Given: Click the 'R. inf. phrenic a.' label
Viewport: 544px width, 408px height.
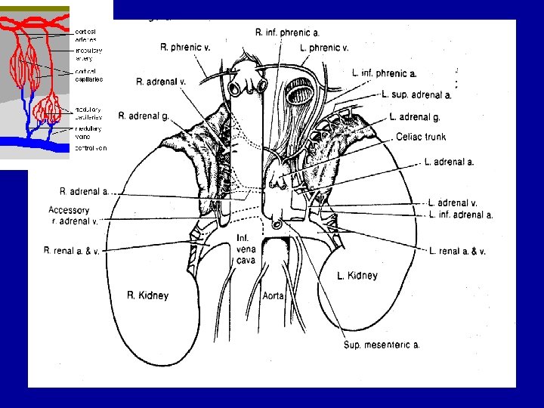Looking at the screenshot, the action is (x=287, y=32).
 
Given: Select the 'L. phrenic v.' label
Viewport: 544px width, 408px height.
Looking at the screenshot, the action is (x=324, y=48).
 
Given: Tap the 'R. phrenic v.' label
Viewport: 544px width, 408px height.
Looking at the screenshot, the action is (x=185, y=47).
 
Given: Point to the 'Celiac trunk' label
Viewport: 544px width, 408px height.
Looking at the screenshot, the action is (x=421, y=137).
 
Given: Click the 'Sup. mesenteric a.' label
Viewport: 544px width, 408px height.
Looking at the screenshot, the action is (x=382, y=345).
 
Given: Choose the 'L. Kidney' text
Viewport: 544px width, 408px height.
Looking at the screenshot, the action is (x=357, y=276).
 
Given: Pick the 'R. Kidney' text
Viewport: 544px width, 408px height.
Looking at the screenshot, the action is (x=147, y=295).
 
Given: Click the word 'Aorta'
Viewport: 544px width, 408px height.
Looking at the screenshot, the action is (x=273, y=295).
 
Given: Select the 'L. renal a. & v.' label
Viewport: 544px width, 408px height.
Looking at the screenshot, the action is (x=457, y=251).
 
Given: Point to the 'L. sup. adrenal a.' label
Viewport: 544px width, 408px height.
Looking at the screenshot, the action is (x=416, y=94).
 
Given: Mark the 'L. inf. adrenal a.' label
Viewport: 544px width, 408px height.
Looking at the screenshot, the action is (x=460, y=215).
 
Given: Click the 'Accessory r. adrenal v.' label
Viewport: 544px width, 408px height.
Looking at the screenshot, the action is (x=73, y=215).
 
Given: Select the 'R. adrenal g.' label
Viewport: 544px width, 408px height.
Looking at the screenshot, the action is (x=143, y=116).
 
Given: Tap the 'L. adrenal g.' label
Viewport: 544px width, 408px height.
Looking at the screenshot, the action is (x=415, y=116).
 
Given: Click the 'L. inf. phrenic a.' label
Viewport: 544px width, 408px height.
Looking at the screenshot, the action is (x=384, y=73).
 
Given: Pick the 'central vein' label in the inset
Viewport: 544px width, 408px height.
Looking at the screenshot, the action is (x=91, y=148).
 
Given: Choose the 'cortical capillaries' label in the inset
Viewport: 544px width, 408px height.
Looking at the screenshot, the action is (x=89, y=75).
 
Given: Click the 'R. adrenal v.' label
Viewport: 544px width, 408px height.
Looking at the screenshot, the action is (x=162, y=81).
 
